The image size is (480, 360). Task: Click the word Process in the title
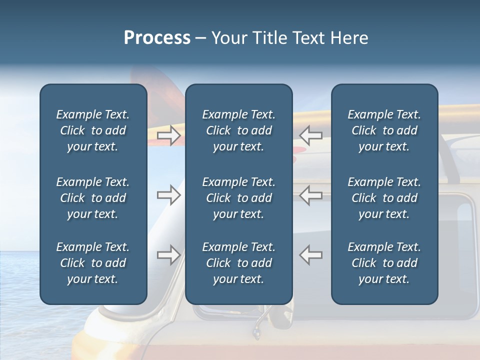pos(157,38)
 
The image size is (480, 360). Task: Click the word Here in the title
pos(349,38)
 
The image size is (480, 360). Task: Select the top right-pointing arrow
pos(168,135)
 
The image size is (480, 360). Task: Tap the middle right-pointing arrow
pos(168,195)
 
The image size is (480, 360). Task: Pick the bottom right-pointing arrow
pos(168,255)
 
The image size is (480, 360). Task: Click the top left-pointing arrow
pos(310,135)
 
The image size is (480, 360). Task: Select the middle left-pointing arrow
pos(310,195)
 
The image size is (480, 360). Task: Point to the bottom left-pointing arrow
pos(310,255)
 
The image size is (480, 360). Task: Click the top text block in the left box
pos(93,130)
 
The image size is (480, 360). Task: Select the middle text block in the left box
pos(93,198)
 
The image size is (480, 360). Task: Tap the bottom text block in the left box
pos(93,263)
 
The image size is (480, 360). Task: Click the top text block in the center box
pos(238,130)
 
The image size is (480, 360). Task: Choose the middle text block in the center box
pos(238,198)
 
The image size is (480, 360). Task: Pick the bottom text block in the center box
pos(238,263)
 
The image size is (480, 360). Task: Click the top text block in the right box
pos(384,130)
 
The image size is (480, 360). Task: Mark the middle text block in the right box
pos(384,198)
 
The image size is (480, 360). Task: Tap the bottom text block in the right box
pos(384,263)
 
